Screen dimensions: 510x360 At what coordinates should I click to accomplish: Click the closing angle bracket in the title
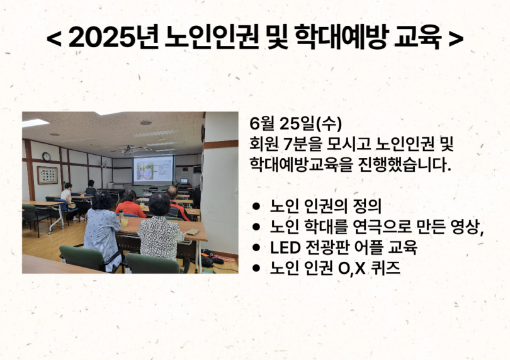coord(456,38)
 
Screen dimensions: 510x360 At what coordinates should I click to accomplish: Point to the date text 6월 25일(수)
coord(296,123)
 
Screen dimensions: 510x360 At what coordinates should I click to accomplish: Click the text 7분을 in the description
coord(302,144)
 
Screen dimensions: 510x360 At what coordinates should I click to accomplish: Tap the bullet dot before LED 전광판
coord(256,247)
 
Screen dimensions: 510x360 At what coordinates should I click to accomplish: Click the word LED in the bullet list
coord(285,248)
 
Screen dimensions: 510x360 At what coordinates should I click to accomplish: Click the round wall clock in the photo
coord(47,157)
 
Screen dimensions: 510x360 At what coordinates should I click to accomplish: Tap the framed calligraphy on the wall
coord(47,175)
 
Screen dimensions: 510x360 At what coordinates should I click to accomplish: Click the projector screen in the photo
coord(153,171)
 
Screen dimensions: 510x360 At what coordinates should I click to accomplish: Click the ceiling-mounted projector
coord(127,150)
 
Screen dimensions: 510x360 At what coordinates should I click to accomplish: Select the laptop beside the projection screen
coord(184,181)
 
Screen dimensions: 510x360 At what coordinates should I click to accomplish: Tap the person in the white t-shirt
coord(67,196)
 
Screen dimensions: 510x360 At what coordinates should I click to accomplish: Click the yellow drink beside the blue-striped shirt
coord(124,222)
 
